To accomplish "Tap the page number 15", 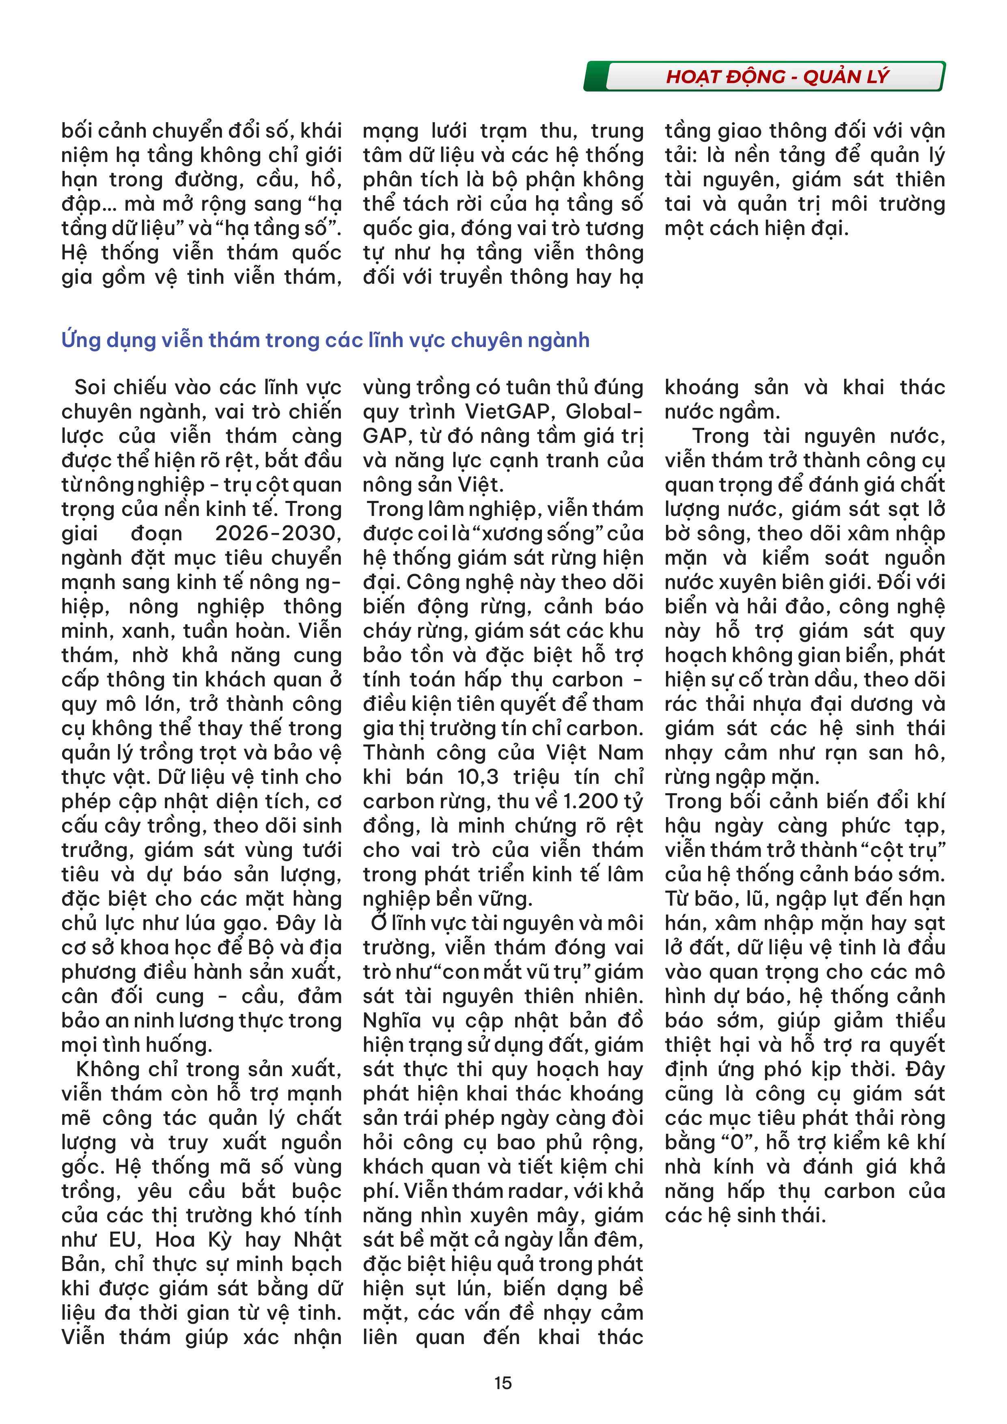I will click(503, 1383).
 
